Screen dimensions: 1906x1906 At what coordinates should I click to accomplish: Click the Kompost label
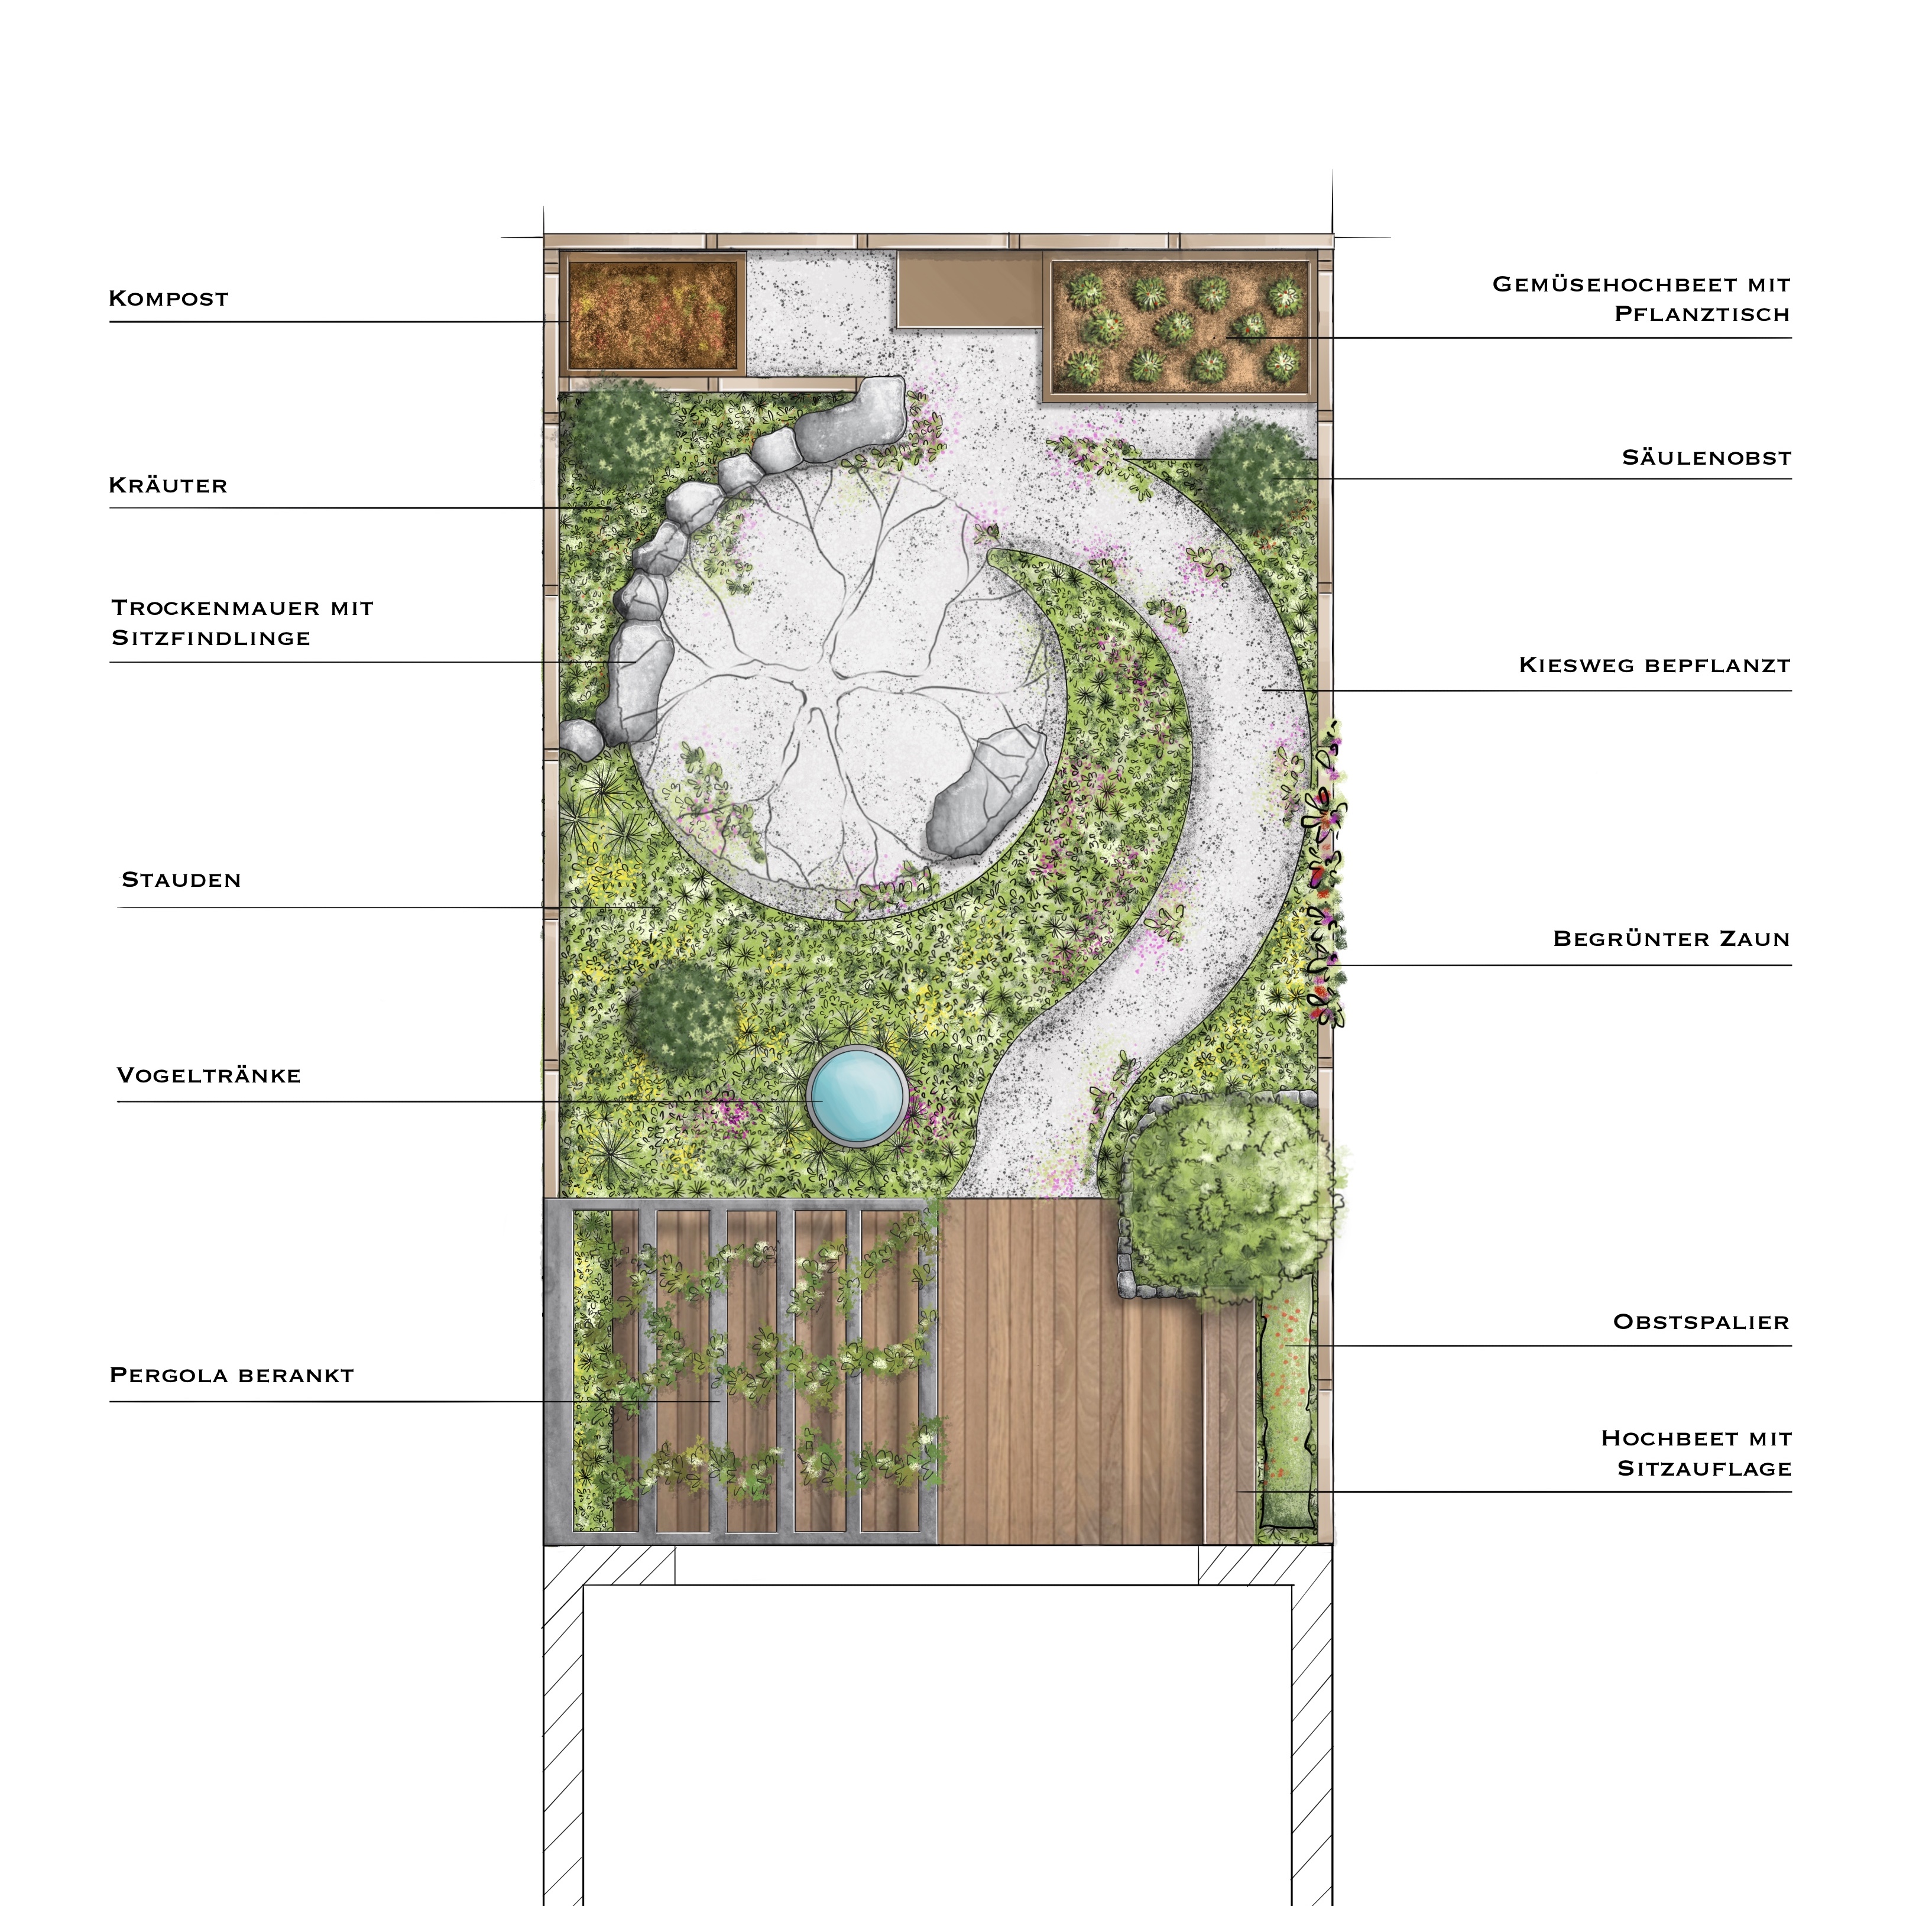(x=168, y=298)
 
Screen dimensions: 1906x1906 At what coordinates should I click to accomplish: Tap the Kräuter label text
(x=168, y=485)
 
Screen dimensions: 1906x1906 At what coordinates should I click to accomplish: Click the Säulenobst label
(x=1706, y=458)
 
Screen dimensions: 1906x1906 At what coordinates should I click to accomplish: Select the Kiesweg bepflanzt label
(x=1654, y=665)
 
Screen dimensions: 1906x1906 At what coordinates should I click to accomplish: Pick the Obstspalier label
(x=1701, y=1322)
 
